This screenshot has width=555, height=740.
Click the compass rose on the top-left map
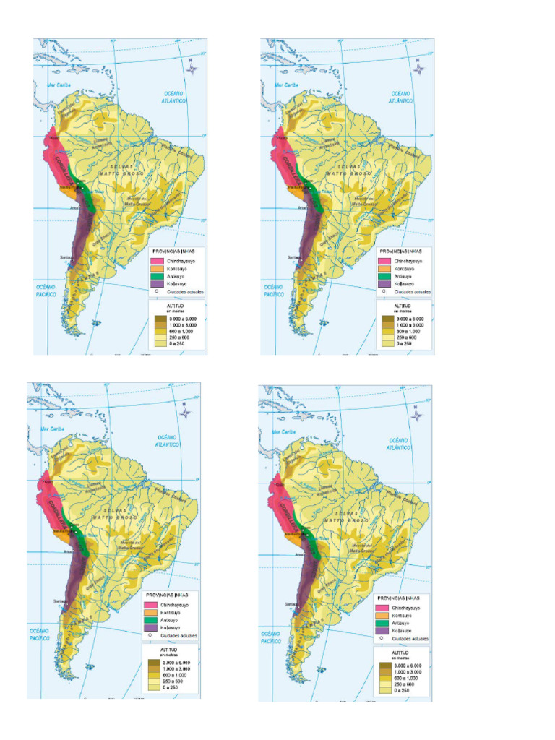coord(192,69)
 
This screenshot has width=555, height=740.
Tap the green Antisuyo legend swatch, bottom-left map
coord(150,620)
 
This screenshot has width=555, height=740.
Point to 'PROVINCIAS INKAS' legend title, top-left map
coord(174,251)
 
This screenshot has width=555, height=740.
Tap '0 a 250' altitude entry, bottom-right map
coord(403,691)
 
